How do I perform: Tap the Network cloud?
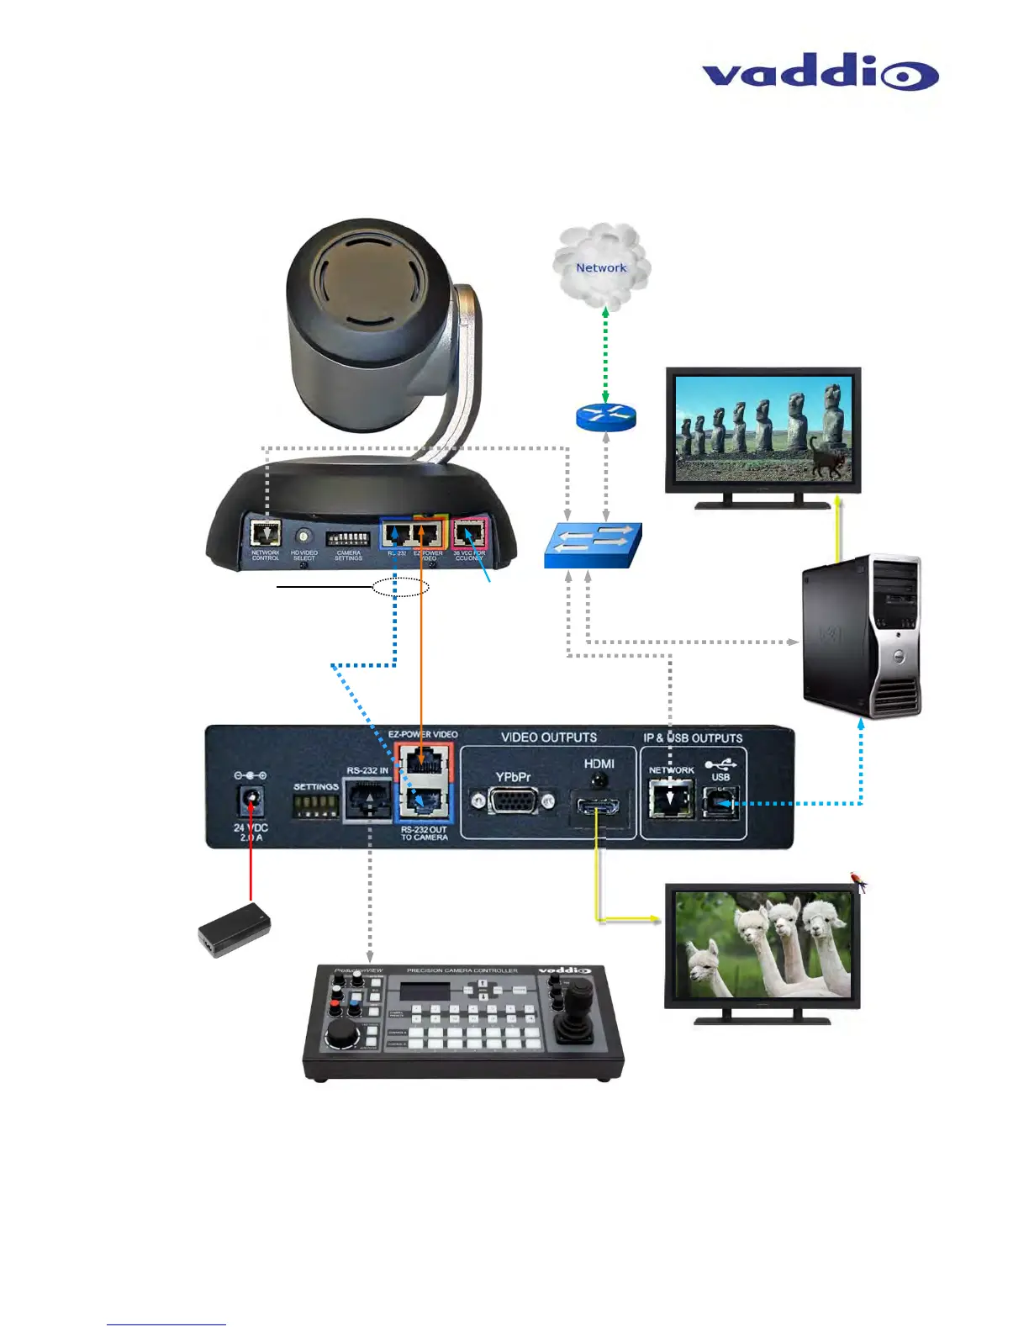(601, 267)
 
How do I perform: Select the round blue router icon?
(606, 416)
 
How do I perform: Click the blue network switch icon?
(594, 545)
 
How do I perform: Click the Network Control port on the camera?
(266, 533)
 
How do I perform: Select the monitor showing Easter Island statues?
(763, 431)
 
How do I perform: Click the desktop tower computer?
(862, 636)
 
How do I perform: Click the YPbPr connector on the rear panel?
(512, 801)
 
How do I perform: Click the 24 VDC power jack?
(250, 801)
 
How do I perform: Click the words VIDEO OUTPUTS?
(549, 737)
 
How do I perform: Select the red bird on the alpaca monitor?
(858, 881)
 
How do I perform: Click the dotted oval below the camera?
(401, 587)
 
